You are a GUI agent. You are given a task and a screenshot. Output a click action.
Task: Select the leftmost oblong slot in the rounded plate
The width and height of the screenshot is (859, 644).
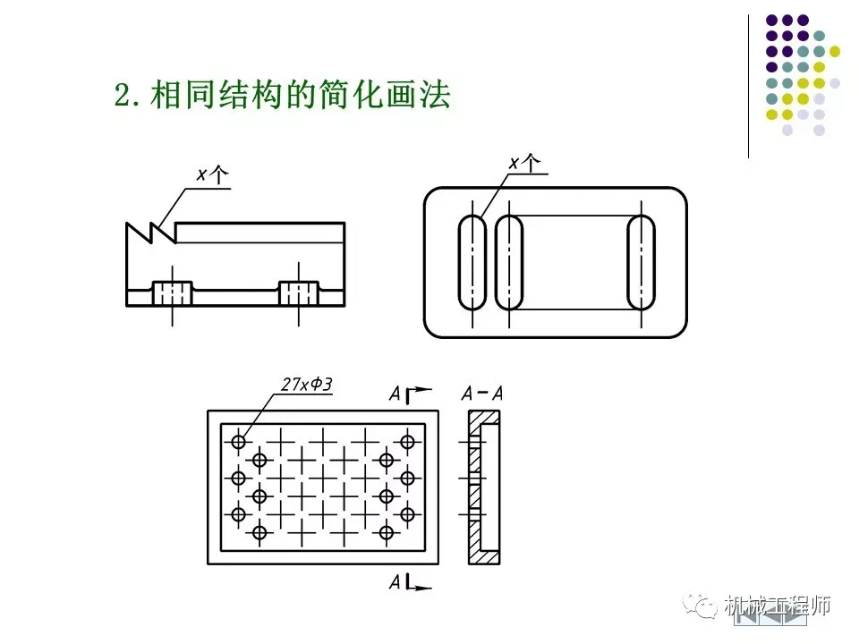(x=472, y=262)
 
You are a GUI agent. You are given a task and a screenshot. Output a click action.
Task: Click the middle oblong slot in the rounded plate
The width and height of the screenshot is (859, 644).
(x=509, y=262)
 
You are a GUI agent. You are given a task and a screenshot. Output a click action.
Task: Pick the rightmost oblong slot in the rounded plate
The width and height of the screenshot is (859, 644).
(x=641, y=262)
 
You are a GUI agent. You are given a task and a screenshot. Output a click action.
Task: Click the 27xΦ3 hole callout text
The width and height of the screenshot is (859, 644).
(x=305, y=385)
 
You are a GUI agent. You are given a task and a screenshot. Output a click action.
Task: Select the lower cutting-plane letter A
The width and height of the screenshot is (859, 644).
(x=395, y=583)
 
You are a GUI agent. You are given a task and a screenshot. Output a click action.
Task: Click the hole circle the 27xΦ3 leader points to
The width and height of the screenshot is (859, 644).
(x=239, y=441)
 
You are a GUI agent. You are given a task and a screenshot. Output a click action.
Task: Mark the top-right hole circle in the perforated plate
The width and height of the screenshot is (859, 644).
(x=408, y=441)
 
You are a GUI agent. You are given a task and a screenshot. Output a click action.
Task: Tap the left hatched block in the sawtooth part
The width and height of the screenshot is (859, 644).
(x=173, y=292)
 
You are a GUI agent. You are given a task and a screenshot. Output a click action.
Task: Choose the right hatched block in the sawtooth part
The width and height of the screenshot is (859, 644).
(x=299, y=292)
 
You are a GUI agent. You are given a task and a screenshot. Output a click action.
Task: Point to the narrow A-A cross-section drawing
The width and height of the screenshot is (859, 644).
(x=484, y=487)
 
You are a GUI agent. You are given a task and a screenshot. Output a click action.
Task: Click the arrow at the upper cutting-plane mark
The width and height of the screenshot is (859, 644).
(x=422, y=390)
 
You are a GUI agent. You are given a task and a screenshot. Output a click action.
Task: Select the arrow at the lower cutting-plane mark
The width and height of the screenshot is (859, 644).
(x=422, y=588)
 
